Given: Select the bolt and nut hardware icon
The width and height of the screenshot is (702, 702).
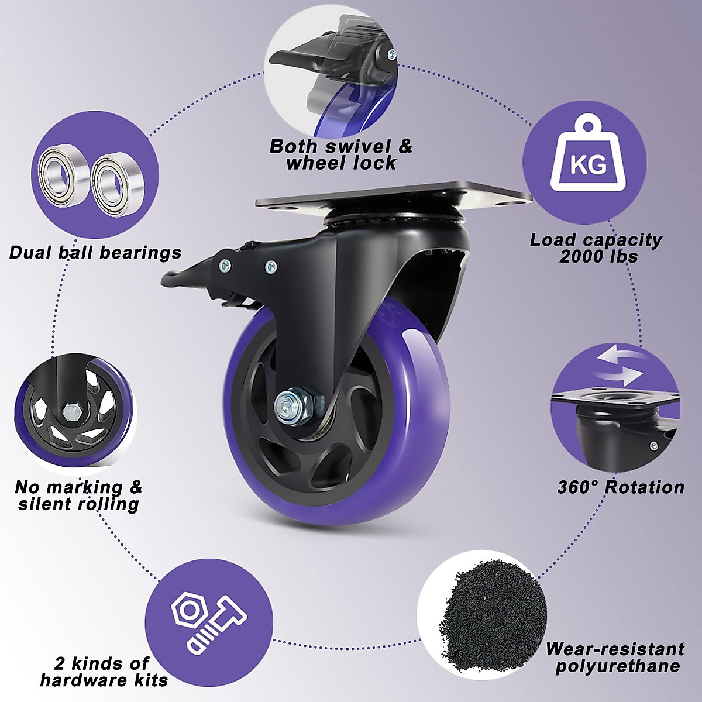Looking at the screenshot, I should click(x=208, y=620).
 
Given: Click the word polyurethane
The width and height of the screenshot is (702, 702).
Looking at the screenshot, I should click(x=618, y=666).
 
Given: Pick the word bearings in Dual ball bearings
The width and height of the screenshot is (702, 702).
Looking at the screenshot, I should click(x=140, y=253).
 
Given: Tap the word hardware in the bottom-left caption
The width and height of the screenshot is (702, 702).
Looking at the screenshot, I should click(x=79, y=680).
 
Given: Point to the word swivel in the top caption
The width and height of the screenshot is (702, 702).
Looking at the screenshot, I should click(x=357, y=146).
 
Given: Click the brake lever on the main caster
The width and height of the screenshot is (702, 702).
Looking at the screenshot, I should click(x=193, y=272).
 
